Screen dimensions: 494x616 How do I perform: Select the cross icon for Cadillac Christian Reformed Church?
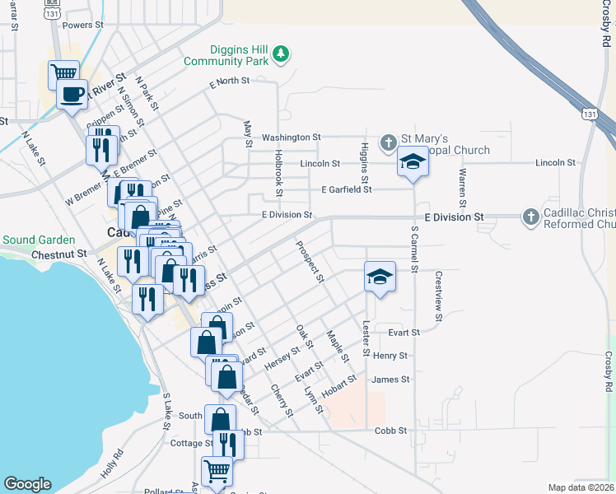(531, 217)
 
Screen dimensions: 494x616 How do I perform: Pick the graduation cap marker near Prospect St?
(380, 277)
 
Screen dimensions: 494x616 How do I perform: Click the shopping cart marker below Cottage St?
(217, 472)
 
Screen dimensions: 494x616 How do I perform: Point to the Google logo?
(27, 484)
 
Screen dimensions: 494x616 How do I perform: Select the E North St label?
(229, 82)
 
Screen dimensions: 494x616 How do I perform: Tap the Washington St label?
(292, 137)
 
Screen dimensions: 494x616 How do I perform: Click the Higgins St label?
(364, 161)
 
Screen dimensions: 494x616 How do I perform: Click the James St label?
(390, 380)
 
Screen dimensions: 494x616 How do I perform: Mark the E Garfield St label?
(347, 189)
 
